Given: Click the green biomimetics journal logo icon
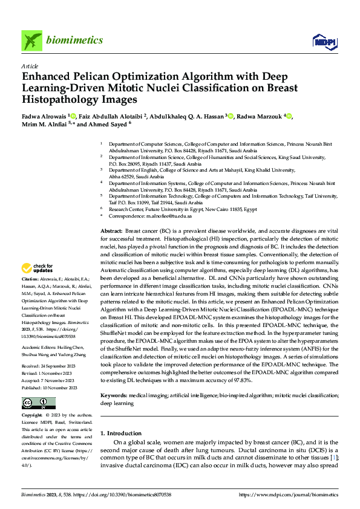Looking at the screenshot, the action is click(x=31, y=41).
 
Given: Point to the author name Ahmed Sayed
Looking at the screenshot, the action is click(x=109, y=125).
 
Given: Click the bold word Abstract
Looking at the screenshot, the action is click(x=111, y=232).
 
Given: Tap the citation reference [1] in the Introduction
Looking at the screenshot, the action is click(x=333, y=458).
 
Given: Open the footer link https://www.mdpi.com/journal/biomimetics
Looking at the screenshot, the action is click(x=289, y=494).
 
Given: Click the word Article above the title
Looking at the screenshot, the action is click(x=30, y=65).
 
